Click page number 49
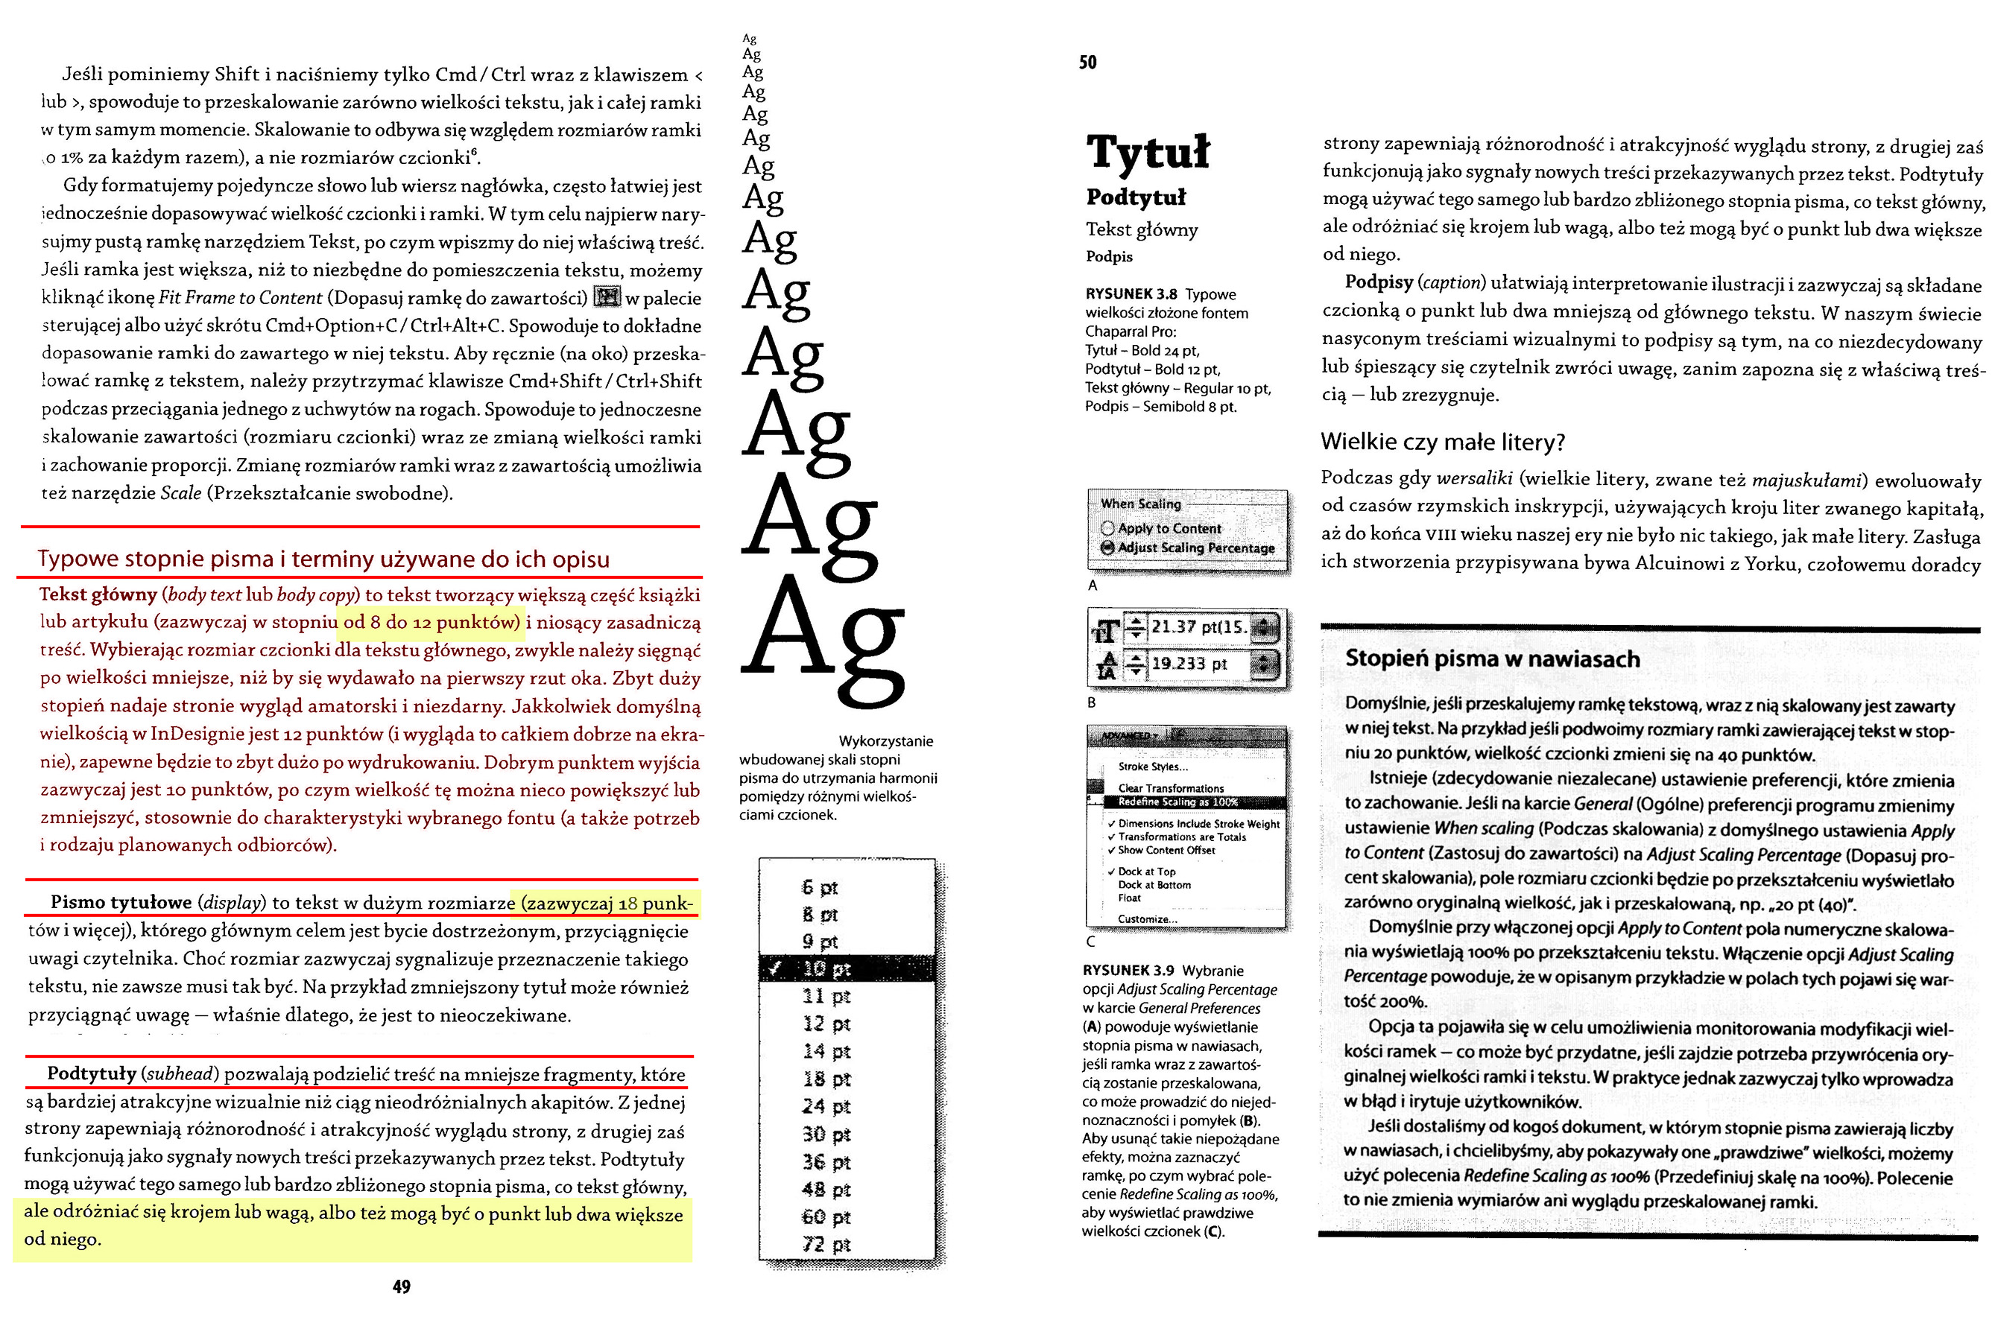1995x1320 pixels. pyautogui.click(x=402, y=1286)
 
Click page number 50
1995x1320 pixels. pyautogui.click(x=1087, y=63)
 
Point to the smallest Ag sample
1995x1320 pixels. pyautogui.click(x=750, y=39)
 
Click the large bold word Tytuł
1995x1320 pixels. pyautogui.click(x=1148, y=153)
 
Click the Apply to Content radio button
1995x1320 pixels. pyautogui.click(x=1107, y=529)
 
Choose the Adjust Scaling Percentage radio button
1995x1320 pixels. pyautogui.click(x=1107, y=548)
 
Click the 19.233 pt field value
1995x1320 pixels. pyautogui.click(x=1189, y=664)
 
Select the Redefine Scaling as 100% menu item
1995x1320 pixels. pyautogui.click(x=1177, y=802)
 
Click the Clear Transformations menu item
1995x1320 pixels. pyautogui.click(x=1171, y=788)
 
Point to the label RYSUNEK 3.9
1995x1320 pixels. pyautogui.click(x=1128, y=970)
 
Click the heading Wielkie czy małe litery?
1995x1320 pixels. pyautogui.click(x=1443, y=442)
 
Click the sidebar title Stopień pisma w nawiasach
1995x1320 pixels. pyautogui.click(x=1492, y=659)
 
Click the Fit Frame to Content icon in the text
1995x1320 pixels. pyautogui.click(x=607, y=297)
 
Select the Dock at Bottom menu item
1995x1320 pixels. pyautogui.click(x=1154, y=885)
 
